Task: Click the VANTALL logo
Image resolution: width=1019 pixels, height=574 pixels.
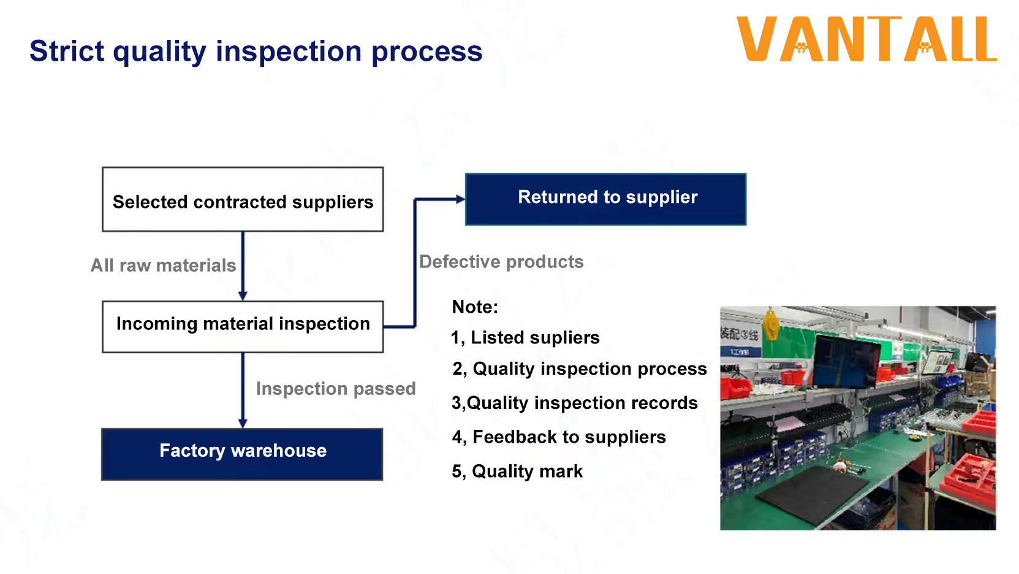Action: point(866,39)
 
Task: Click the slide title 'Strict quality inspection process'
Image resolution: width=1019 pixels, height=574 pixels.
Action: point(256,51)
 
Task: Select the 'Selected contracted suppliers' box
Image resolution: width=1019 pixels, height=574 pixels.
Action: point(243,200)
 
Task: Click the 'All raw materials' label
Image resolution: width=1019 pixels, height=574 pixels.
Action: point(163,266)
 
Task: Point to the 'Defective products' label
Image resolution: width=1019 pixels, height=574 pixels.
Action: point(501,262)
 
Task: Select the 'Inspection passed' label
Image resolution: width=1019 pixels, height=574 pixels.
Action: point(336,389)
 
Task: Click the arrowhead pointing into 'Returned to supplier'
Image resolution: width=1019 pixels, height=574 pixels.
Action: point(460,199)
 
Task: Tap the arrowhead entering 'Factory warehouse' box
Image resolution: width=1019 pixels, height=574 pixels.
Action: point(243,423)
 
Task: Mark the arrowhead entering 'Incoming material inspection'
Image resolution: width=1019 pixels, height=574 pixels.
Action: point(243,296)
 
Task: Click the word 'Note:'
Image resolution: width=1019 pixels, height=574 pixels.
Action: point(475,307)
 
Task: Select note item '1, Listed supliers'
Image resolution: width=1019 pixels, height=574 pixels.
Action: point(525,338)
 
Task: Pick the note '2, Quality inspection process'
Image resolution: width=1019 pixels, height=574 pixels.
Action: point(580,369)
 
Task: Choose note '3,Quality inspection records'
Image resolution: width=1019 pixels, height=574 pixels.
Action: point(575,403)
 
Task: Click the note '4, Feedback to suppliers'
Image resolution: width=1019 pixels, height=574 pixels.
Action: point(559,437)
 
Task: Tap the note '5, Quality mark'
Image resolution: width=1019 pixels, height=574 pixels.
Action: point(517,472)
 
